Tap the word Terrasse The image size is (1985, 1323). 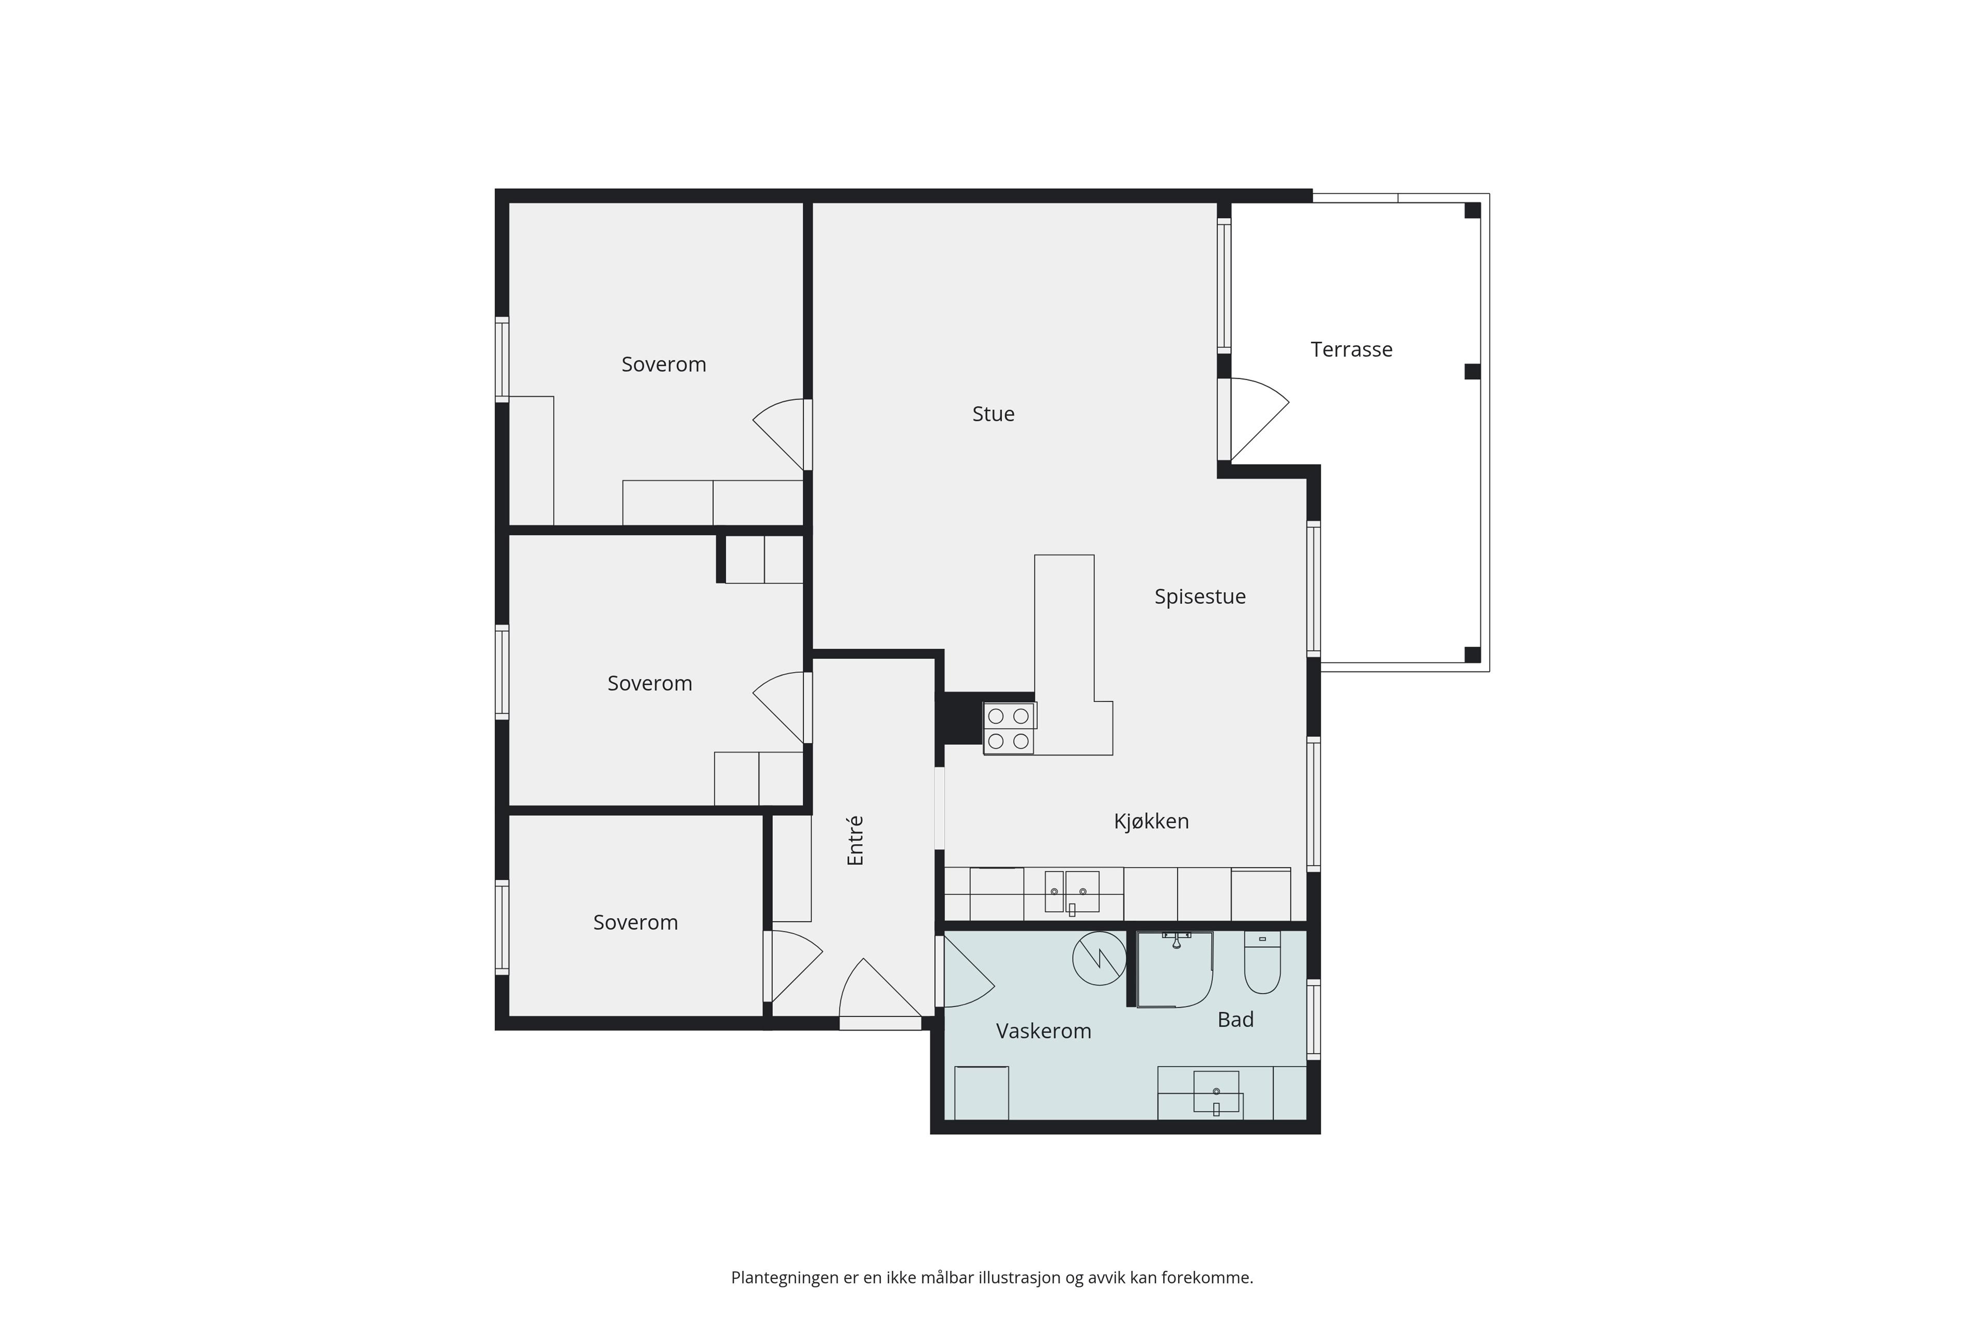coord(1351,349)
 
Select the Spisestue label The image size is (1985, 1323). coord(1200,596)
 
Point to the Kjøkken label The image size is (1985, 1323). coord(1151,821)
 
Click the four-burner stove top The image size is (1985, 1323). coord(1009,728)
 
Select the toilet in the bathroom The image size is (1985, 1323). coord(1262,963)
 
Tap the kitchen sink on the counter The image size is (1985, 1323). coord(1072,893)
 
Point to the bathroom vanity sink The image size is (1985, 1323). coord(1216,1093)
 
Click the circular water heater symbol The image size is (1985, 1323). coord(1099,958)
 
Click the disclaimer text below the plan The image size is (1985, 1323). coord(991,1278)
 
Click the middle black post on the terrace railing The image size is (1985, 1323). coord(1472,371)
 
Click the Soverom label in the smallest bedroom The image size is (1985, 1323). coord(635,922)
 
